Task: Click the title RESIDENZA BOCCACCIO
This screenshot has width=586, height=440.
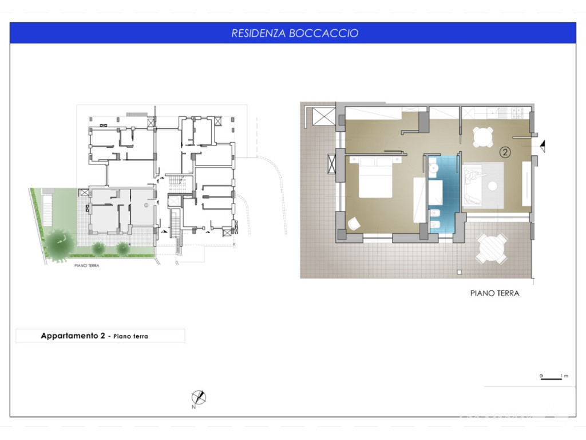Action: pyautogui.click(x=295, y=33)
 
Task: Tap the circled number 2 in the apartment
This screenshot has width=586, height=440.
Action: pyautogui.click(x=505, y=152)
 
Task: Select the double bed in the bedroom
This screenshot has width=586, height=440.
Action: pyautogui.click(x=375, y=177)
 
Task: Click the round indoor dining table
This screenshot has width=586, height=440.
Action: pyautogui.click(x=483, y=137)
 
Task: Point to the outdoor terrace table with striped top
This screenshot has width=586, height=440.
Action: pyautogui.click(x=492, y=249)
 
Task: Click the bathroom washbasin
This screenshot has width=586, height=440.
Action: pyautogui.click(x=433, y=168)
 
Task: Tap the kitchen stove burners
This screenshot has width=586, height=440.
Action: pyautogui.click(x=517, y=111)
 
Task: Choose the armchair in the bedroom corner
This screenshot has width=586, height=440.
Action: pyautogui.click(x=354, y=224)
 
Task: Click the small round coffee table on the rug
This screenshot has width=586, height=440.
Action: pyautogui.click(x=493, y=186)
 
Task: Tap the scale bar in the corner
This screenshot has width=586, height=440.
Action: pyautogui.click(x=552, y=379)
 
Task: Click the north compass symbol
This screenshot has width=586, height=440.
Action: pyautogui.click(x=199, y=398)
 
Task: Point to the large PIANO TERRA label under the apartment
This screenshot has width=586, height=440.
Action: pyautogui.click(x=495, y=293)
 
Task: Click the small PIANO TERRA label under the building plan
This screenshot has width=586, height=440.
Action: pyautogui.click(x=87, y=266)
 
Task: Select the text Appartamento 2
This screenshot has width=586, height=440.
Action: pyautogui.click(x=73, y=336)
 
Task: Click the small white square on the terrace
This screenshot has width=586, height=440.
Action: pyautogui.click(x=460, y=272)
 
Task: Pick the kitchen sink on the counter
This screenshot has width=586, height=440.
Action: pyautogui.click(x=496, y=111)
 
